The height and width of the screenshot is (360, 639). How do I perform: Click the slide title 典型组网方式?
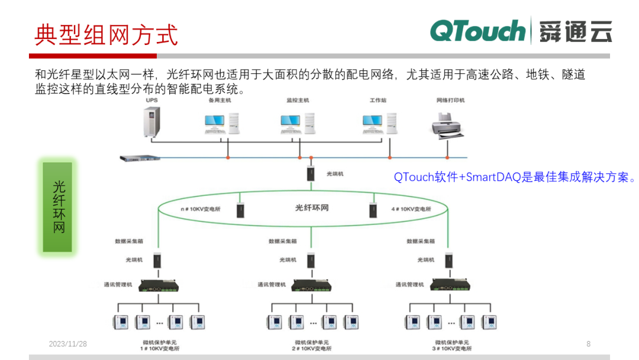coord(106,34)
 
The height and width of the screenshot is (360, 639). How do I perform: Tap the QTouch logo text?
coord(477,31)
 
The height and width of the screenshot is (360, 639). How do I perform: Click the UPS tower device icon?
coord(152,120)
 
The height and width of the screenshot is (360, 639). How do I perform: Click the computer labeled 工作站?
coord(379,122)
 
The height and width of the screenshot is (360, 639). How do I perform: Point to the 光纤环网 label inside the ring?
coord(312,208)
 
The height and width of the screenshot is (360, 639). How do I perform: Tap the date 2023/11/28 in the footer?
coord(67,344)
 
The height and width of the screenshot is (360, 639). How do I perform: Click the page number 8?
coord(588,344)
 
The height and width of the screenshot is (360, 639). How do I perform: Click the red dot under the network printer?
coord(447,157)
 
